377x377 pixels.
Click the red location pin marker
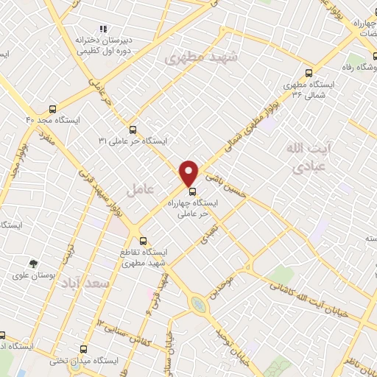coord(190,174)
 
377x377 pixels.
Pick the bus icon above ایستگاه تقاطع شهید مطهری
coord(144,240)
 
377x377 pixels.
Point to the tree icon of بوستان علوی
coord(33,263)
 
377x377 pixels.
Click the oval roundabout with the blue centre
coord(197,303)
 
